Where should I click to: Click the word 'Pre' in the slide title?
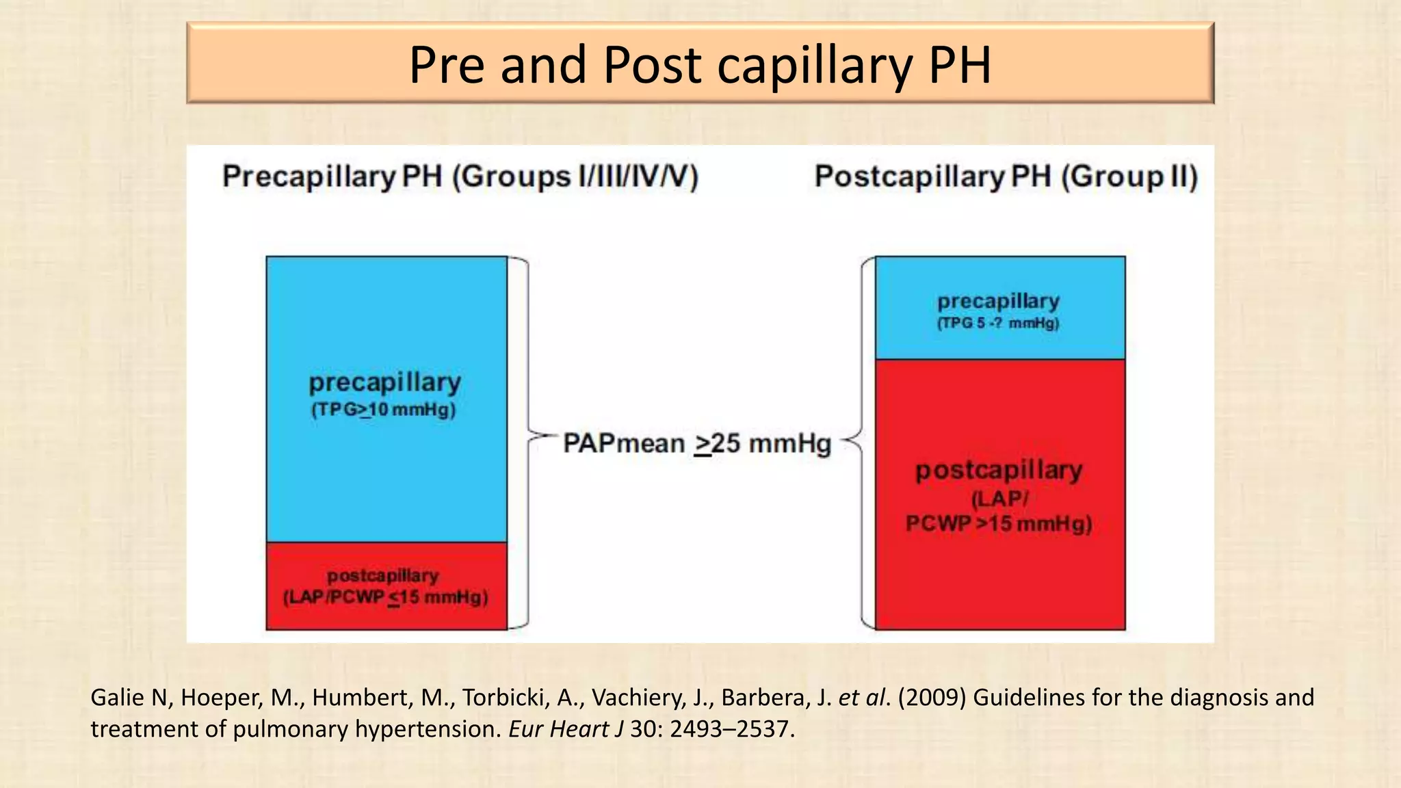447,65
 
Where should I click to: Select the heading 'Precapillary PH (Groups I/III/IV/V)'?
460,176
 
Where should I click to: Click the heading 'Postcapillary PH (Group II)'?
1006,176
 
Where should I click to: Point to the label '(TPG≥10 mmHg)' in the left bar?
383,410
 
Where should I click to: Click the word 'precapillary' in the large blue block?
384,382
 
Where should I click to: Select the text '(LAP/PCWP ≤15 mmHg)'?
386,597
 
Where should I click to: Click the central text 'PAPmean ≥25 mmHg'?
696,443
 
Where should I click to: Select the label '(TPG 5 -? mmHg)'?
998,323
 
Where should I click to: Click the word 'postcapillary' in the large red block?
999,470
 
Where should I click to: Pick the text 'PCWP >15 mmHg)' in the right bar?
999,524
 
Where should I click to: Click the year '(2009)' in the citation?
932,697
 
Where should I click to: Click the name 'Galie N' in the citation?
129,697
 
